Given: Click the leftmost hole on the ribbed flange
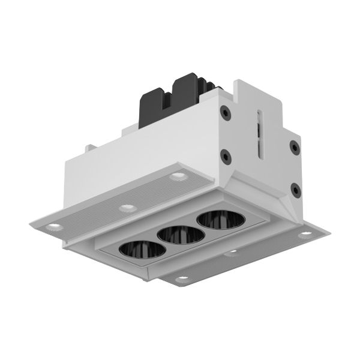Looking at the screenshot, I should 54,225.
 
